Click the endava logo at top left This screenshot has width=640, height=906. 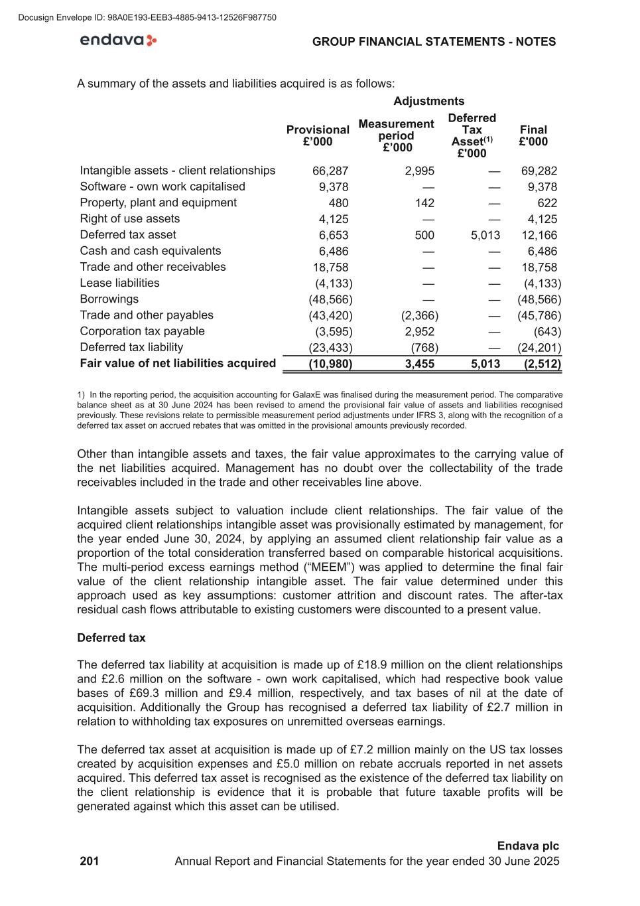click(x=118, y=40)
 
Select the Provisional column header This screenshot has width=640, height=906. click(x=318, y=135)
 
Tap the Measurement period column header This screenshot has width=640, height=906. click(x=396, y=135)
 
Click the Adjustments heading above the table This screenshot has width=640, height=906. click(x=428, y=101)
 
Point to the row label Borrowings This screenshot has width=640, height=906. click(x=109, y=299)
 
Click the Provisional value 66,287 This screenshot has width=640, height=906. click(x=330, y=171)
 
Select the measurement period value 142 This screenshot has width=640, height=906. click(x=424, y=203)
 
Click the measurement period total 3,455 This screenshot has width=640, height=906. click(x=419, y=364)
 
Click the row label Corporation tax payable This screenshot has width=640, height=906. click(x=142, y=331)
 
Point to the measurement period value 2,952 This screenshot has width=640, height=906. click(x=419, y=332)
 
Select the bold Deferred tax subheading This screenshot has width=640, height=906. click(x=111, y=638)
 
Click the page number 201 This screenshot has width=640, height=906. click(x=90, y=862)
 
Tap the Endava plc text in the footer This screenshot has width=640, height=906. click(x=528, y=846)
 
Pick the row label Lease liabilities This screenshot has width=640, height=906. click(x=119, y=283)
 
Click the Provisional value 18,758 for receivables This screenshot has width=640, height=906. click(x=330, y=267)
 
